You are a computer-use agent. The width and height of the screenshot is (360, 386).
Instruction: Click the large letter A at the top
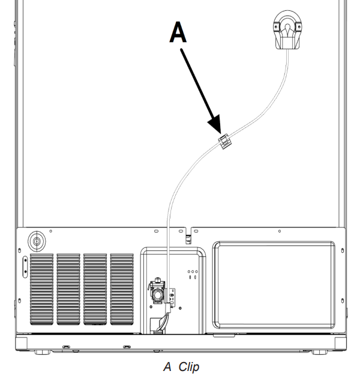pyautogui.click(x=178, y=33)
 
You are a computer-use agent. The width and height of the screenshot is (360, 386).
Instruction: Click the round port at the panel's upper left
pyautogui.click(x=37, y=242)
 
